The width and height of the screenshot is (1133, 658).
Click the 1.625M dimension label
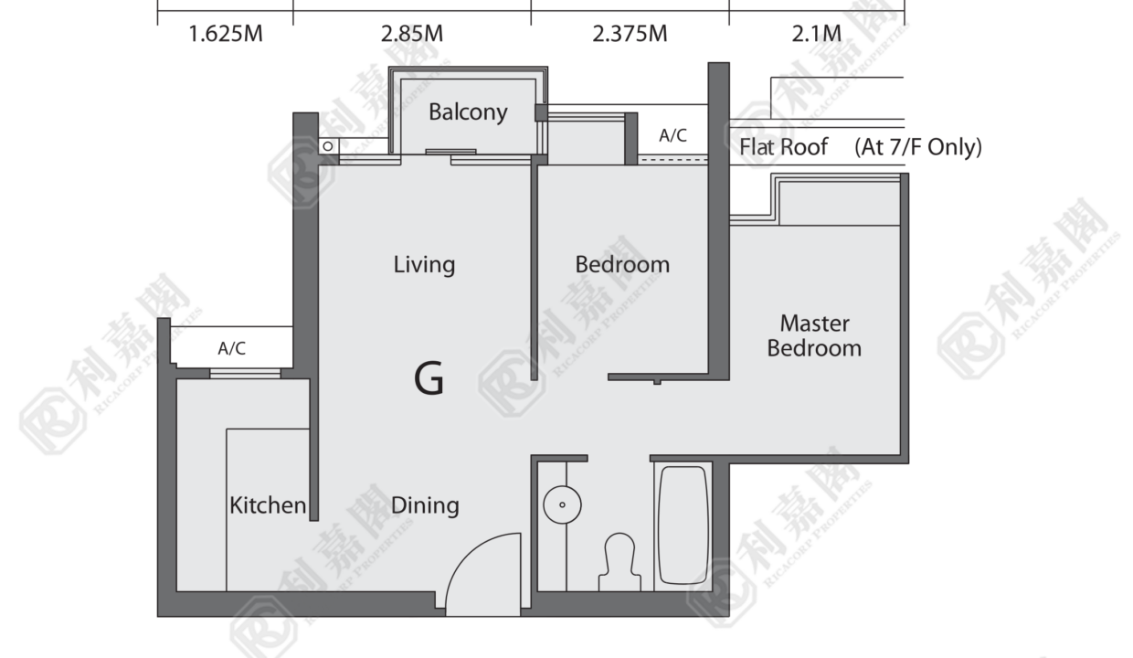(226, 34)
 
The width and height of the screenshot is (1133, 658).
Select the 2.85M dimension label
(412, 34)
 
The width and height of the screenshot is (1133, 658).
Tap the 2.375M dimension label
(630, 34)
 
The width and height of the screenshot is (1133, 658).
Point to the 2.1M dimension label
(816, 34)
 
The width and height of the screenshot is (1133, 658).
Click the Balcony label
(468, 112)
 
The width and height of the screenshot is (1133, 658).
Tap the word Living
(424, 265)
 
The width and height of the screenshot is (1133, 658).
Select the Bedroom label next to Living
(622, 264)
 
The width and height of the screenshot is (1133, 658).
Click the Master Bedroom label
(814, 335)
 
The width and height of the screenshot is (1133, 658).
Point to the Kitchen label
(268, 505)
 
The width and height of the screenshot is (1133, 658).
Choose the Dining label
(425, 505)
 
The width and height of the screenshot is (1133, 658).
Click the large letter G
(429, 377)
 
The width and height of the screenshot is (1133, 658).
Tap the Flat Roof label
(783, 147)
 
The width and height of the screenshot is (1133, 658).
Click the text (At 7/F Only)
(918, 147)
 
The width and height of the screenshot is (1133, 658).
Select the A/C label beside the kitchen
(232, 348)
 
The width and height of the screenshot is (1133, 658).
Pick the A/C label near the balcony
(672, 135)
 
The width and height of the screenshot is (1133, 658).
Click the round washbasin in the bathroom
(562, 504)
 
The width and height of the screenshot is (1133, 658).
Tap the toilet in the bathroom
(619, 562)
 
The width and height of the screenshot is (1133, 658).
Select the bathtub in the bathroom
(683, 526)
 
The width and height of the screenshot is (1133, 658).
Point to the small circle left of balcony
(328, 146)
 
